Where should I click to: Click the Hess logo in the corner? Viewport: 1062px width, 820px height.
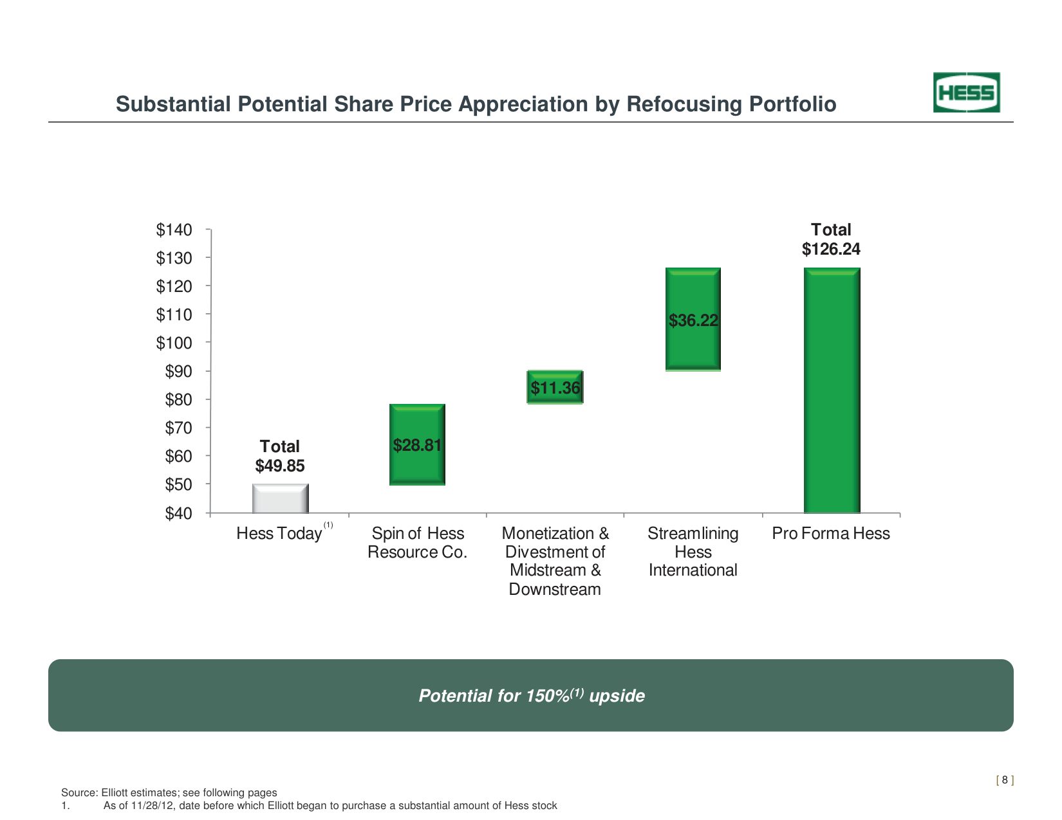tap(966, 93)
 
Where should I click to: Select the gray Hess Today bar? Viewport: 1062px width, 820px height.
tap(280, 498)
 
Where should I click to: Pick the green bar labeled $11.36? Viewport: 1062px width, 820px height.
tap(555, 387)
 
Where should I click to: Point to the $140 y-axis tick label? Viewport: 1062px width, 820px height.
tap(174, 230)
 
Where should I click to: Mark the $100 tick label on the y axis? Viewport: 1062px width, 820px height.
tap(174, 343)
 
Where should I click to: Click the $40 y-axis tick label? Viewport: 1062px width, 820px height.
tap(178, 513)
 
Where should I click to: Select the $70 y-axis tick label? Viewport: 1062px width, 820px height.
tap(178, 428)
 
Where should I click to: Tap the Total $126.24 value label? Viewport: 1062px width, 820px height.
tap(831, 240)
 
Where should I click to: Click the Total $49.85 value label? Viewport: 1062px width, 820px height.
tap(280, 456)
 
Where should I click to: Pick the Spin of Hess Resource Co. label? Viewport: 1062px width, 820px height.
tap(418, 543)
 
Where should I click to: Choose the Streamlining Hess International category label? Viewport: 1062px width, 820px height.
tap(693, 552)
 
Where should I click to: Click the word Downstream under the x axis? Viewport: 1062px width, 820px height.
tap(555, 589)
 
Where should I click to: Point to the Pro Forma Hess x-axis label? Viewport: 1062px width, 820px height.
tap(831, 534)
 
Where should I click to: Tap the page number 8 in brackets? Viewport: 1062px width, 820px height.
tap(1005, 780)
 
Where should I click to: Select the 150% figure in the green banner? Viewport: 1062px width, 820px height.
tap(548, 696)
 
